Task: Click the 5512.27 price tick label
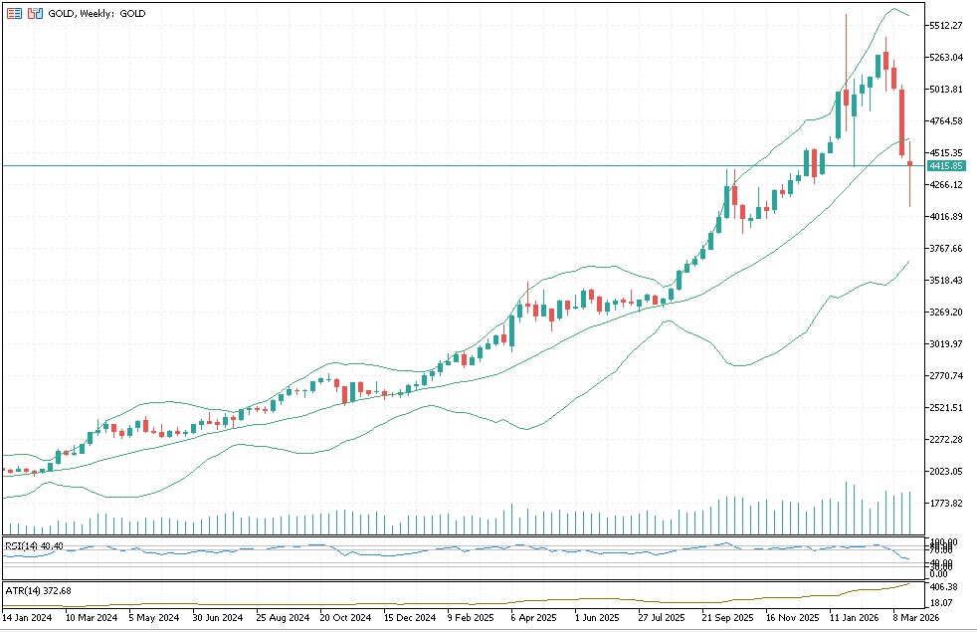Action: click(946, 26)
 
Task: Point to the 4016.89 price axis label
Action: click(946, 217)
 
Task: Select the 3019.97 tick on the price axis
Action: click(946, 344)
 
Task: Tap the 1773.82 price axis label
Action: click(946, 504)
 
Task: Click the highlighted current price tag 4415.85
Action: click(945, 165)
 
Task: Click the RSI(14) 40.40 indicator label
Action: click(35, 545)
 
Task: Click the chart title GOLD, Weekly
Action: click(97, 14)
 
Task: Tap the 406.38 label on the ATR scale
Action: click(944, 587)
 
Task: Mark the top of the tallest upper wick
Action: click(846, 14)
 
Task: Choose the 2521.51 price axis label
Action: click(946, 408)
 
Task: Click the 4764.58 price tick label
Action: click(946, 121)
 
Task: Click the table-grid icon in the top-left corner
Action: click(14, 14)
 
